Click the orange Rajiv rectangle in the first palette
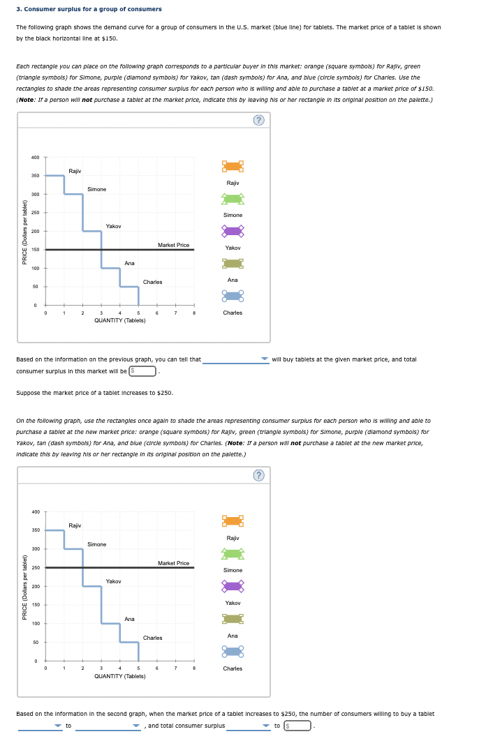[233, 166]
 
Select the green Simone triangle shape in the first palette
[233, 199]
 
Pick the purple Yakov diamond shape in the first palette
[233, 231]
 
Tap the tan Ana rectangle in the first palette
[233, 263]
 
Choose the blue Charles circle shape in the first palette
[233, 296]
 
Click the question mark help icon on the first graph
[260, 121]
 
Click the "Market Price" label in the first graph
[173, 245]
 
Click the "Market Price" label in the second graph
[173, 563]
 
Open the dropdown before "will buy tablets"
[236, 360]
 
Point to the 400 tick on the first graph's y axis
[35, 157]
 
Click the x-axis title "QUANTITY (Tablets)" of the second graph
[119, 676]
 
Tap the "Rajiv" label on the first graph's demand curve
[75, 170]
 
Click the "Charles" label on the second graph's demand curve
[152, 638]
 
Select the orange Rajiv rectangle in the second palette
[233, 521]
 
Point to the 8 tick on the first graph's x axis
[193, 313]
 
